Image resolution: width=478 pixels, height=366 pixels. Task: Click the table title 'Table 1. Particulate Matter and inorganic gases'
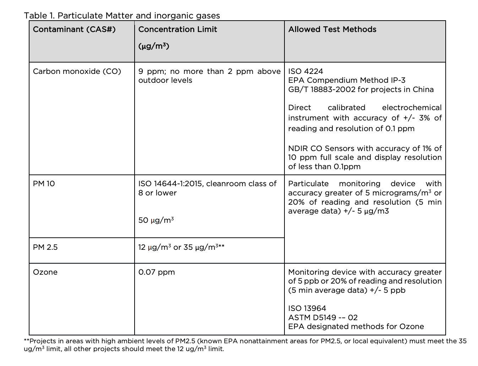122,16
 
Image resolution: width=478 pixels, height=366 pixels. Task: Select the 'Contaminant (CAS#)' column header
74,29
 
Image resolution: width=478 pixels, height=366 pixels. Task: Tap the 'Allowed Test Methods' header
332,29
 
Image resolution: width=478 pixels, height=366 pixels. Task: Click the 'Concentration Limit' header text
178,29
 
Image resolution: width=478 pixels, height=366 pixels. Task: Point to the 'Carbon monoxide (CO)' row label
77,71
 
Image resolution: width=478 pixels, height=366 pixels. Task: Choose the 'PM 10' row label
44,184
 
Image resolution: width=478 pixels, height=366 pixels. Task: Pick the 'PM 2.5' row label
45,247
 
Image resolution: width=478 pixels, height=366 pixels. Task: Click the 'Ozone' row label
45,272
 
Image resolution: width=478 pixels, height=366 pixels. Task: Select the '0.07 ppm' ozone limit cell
157,272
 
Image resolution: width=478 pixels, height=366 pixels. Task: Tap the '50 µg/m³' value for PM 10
156,220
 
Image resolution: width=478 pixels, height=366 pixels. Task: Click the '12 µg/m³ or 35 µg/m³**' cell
181,247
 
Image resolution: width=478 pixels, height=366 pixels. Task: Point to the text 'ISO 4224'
305,71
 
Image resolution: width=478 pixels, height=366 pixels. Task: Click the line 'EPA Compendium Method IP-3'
347,80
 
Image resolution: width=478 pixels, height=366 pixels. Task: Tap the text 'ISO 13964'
307,308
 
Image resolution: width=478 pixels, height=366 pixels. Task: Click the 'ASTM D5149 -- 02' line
323,318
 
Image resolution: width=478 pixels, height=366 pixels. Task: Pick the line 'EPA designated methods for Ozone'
356,327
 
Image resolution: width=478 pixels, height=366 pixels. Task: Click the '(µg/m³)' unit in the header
153,46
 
